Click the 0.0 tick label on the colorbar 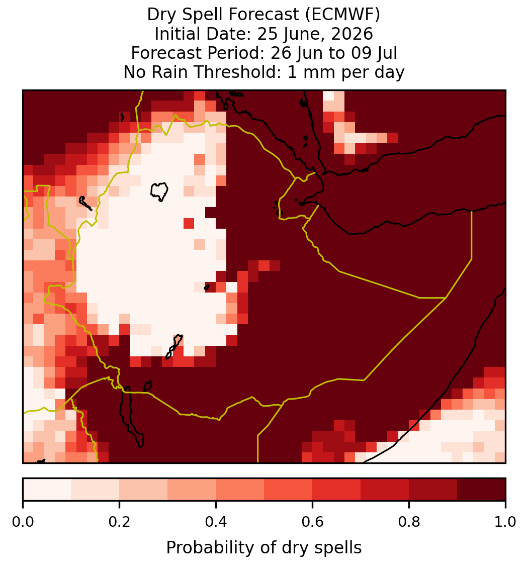click(x=23, y=522)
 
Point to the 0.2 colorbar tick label click(x=119, y=522)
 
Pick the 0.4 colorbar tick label click(x=216, y=522)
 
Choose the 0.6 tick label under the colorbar click(x=313, y=522)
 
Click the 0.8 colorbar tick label click(x=409, y=522)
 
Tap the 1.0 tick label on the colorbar click(x=506, y=522)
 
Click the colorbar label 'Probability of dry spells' click(x=264, y=548)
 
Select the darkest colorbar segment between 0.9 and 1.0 click(x=482, y=490)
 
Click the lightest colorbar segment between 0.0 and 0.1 click(x=47, y=490)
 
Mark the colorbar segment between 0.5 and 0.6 click(x=289, y=490)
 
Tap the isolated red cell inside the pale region click(x=189, y=223)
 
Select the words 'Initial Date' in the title click(x=203, y=34)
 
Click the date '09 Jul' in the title click(x=374, y=53)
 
